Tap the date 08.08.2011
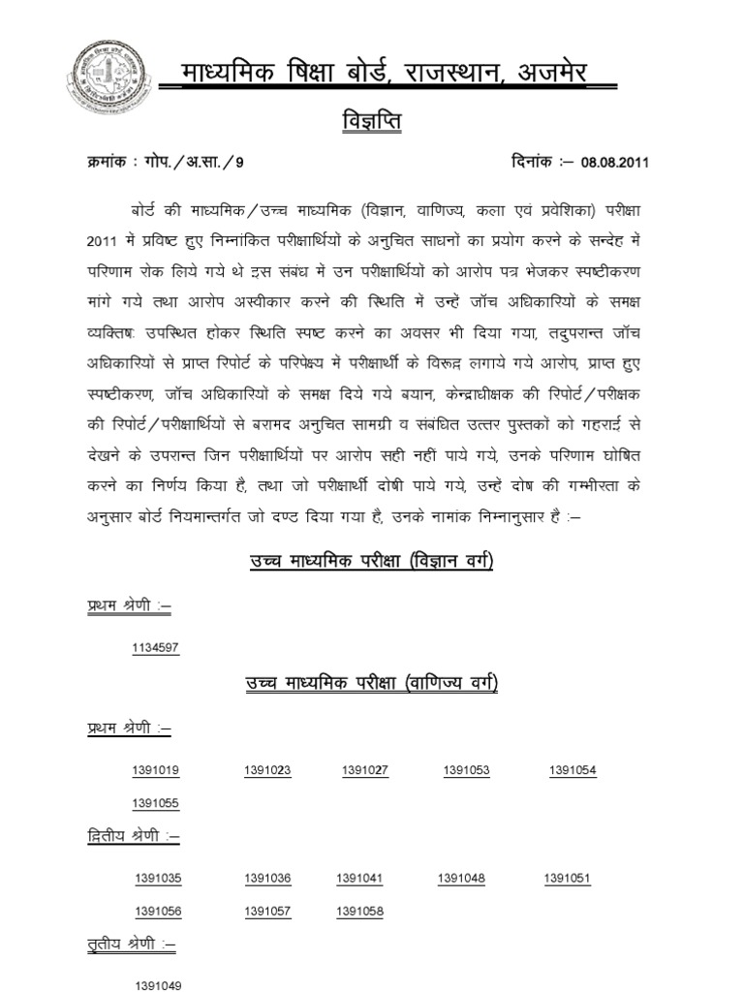click(x=614, y=162)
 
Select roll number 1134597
click(x=156, y=648)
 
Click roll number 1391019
click(x=156, y=770)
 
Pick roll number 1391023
click(x=268, y=770)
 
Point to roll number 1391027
click(x=364, y=770)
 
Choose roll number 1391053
click(x=467, y=770)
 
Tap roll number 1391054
click(x=573, y=770)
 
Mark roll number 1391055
click(x=156, y=803)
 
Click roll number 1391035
click(x=159, y=879)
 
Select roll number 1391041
click(x=360, y=879)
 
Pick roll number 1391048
click(x=461, y=879)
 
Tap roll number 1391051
click(x=567, y=879)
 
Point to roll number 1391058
click(x=360, y=912)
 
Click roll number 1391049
click(x=159, y=985)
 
